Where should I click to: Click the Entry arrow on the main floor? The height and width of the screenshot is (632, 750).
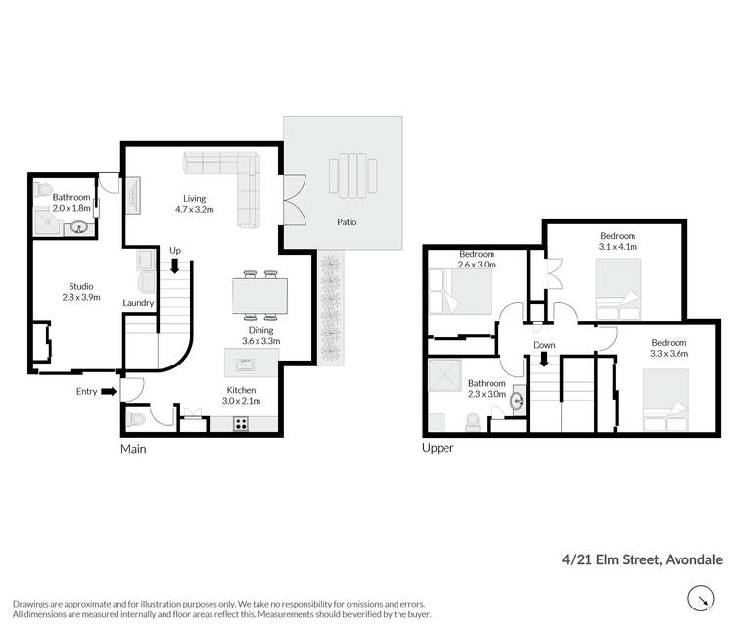click(x=109, y=392)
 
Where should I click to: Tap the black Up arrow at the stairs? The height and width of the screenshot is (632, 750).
click(x=175, y=266)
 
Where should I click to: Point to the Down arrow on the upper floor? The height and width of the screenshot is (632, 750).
click(x=543, y=359)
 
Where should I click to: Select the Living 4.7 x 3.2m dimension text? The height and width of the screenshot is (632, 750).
click(x=195, y=210)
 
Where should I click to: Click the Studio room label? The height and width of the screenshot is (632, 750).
click(x=81, y=286)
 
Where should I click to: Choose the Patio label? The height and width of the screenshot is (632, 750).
click(x=347, y=222)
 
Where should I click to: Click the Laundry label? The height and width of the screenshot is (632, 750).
click(x=138, y=303)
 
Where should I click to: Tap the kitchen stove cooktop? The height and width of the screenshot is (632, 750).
click(x=241, y=423)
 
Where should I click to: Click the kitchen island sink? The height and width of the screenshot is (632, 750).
click(x=245, y=365)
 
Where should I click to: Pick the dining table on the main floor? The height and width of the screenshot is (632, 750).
click(x=260, y=296)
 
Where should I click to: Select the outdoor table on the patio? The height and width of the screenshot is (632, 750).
click(x=353, y=175)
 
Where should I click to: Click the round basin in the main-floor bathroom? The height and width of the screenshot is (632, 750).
click(x=79, y=227)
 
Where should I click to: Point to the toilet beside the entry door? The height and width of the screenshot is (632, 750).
click(x=136, y=419)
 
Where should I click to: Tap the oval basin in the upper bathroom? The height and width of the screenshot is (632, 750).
click(x=517, y=400)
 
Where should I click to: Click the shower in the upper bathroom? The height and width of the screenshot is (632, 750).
click(x=445, y=375)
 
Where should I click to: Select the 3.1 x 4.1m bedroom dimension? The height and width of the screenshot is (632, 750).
click(x=618, y=247)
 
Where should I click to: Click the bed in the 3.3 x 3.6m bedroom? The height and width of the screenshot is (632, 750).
click(x=666, y=400)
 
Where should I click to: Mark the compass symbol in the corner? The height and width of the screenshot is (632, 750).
click(x=701, y=599)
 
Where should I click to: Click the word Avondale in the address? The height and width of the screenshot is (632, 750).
click(x=694, y=559)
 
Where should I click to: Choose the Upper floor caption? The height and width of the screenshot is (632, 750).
click(x=438, y=448)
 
